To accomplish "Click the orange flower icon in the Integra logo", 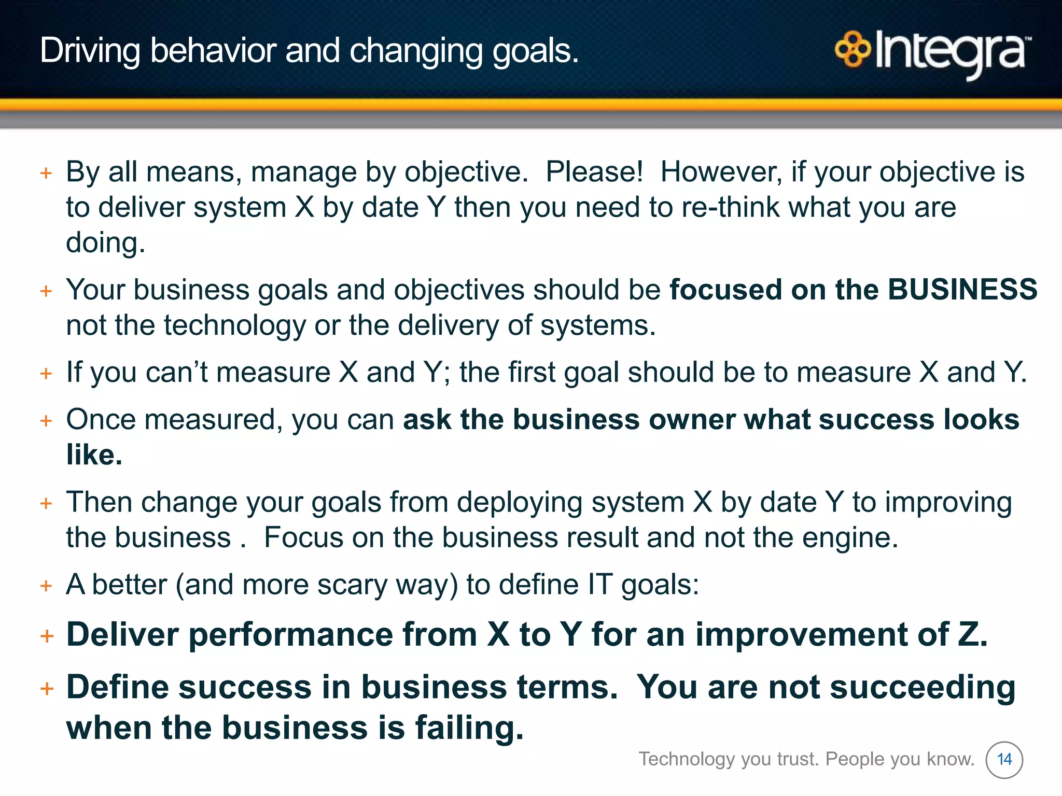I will pyautogui.click(x=852, y=50).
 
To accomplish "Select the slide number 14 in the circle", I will pyautogui.click(x=1004, y=760).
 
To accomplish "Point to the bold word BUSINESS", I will pyautogui.click(x=962, y=289).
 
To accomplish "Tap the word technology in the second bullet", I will pyautogui.click(x=235, y=325).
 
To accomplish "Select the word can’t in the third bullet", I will pyautogui.click(x=176, y=372).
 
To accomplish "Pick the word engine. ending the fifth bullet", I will pyautogui.click(x=850, y=537).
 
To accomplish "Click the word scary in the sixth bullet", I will pyautogui.click(x=352, y=585).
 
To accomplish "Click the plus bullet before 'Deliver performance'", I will pyautogui.click(x=47, y=636).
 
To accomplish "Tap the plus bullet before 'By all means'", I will pyautogui.click(x=46, y=173).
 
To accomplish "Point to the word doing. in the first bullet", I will pyautogui.click(x=105, y=243).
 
